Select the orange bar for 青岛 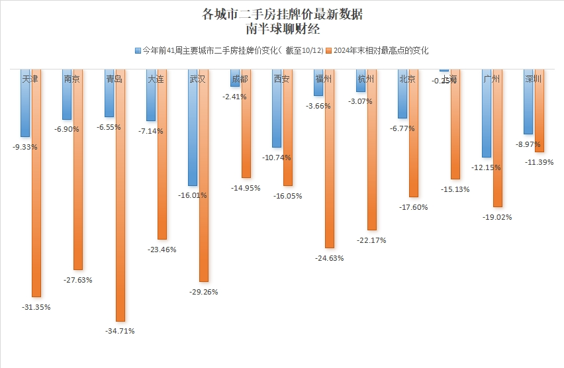[x=120, y=199]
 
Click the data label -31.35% [x=37, y=307]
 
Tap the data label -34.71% [x=120, y=330]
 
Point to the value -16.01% [x=193, y=195]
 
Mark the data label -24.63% [x=330, y=258]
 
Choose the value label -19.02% [x=497, y=217]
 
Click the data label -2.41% [x=234, y=97]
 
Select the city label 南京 [x=72, y=79]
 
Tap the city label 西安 [x=281, y=79]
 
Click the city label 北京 [x=407, y=79]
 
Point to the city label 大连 [x=156, y=79]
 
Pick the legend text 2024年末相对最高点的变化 [x=381, y=50]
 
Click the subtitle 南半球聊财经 [x=282, y=29]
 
